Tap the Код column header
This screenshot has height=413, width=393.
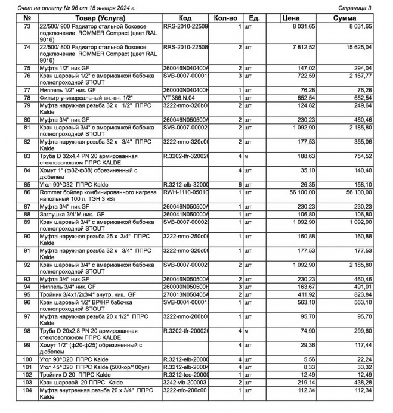pos(184,18)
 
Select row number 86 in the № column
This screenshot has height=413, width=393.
pos(27,193)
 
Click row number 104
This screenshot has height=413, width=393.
pos(27,390)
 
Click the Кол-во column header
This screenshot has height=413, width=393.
pos(227,18)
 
